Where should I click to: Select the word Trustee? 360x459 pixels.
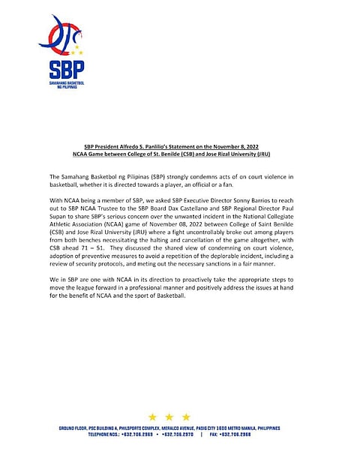(x=144, y=210)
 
